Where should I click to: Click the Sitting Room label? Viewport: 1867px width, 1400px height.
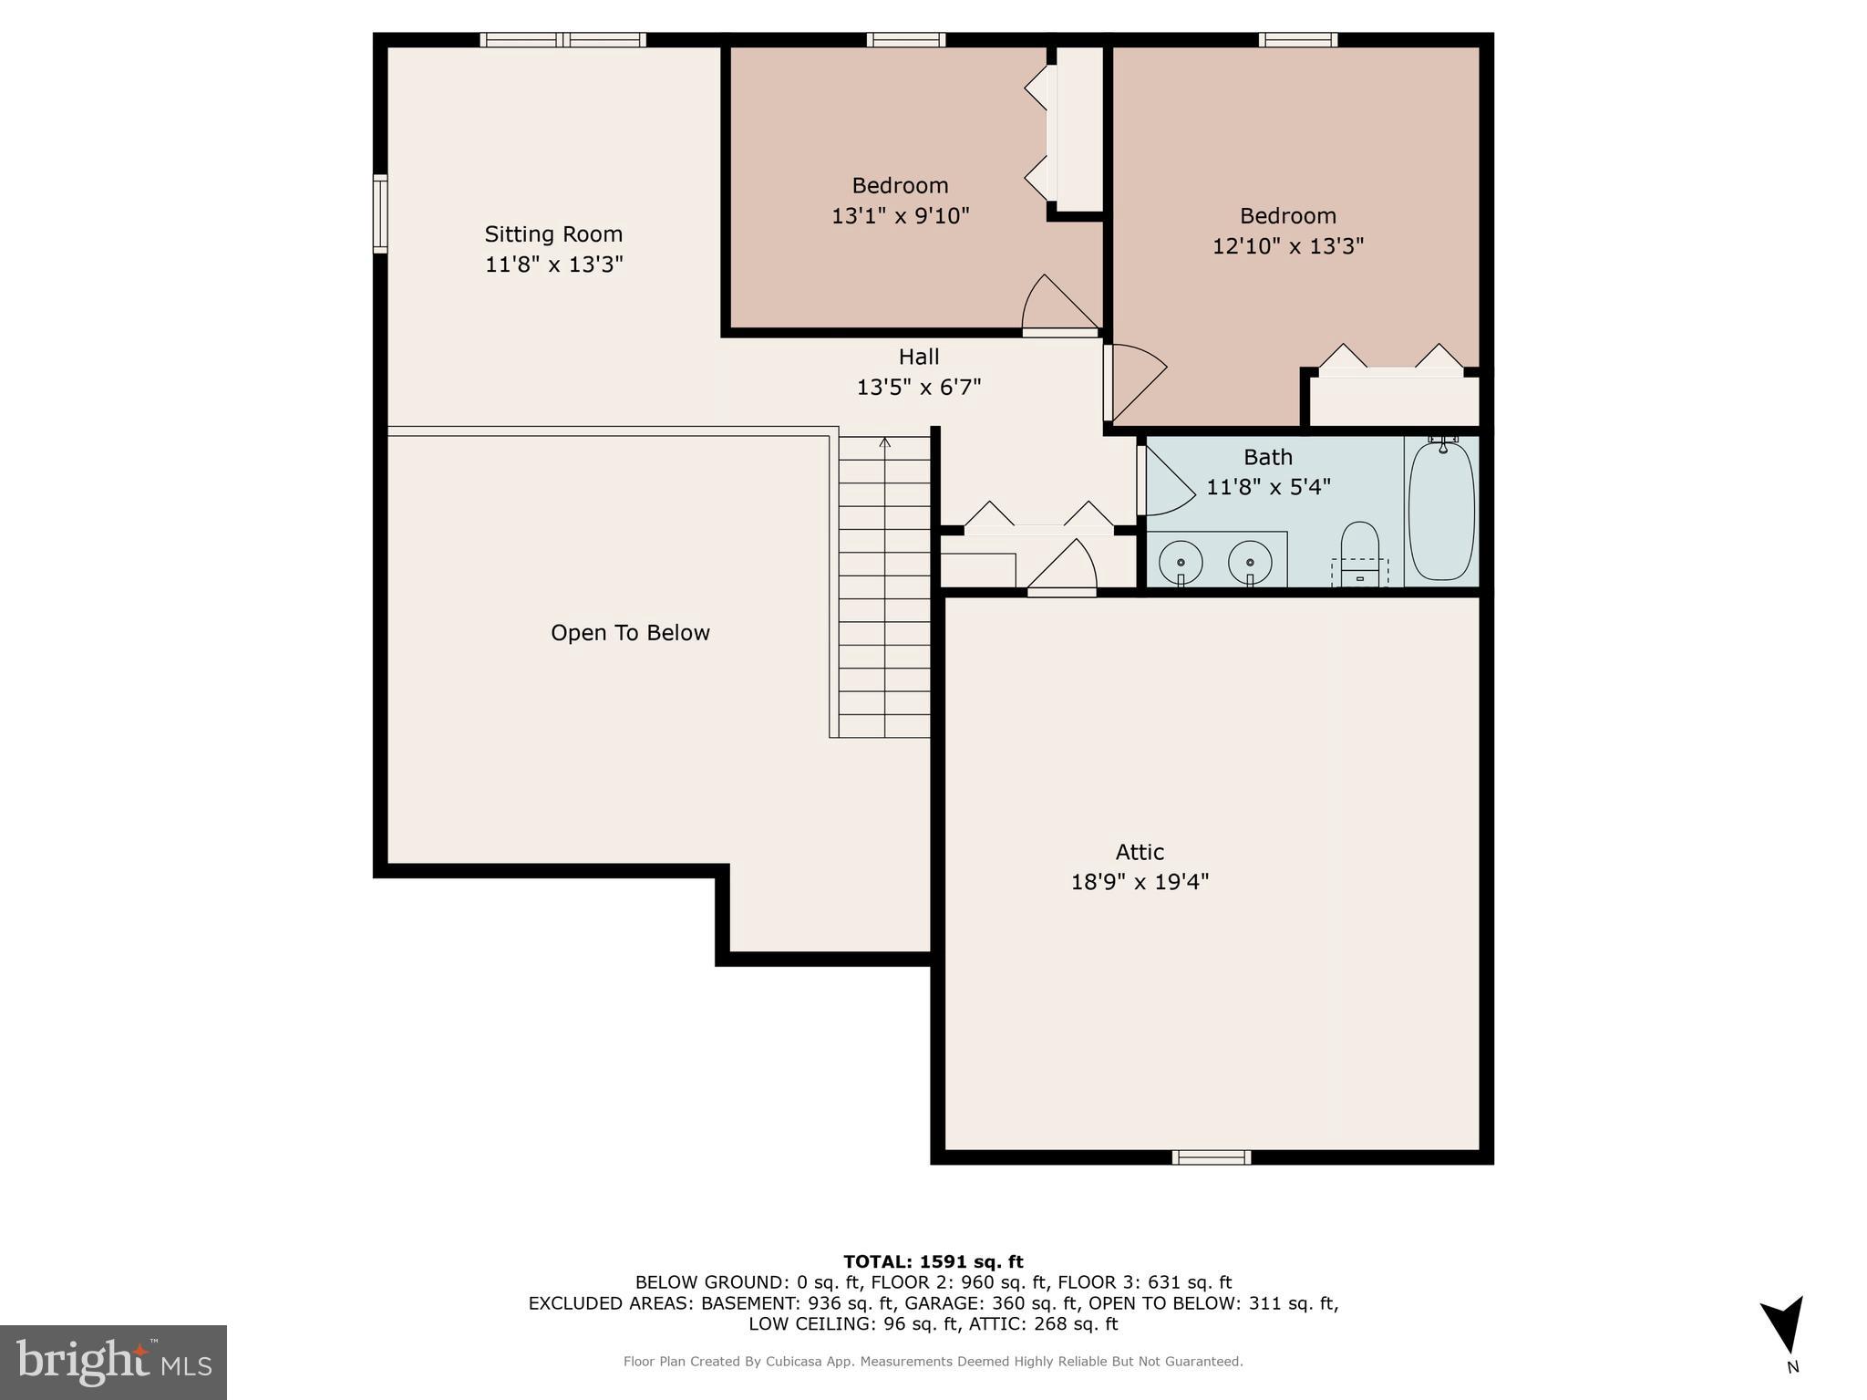pos(552,234)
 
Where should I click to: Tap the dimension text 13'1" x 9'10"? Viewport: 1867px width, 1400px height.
pos(900,216)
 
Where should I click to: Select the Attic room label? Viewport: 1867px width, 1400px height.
pos(1140,852)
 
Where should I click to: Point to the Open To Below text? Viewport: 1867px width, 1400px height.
pos(630,633)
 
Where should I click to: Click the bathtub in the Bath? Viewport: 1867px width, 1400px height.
pos(1440,512)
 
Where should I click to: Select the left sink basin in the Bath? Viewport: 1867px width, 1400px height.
pos(1181,561)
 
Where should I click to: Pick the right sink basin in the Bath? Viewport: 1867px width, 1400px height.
pos(1250,561)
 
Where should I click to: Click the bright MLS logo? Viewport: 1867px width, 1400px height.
pos(113,1362)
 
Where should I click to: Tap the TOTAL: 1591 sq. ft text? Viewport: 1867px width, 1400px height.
pos(933,1261)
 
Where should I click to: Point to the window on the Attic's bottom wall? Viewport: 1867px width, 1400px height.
pos(1211,1157)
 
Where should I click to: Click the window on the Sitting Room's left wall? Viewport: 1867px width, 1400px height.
pos(380,213)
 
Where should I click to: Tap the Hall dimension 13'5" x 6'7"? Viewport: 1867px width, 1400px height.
pos(918,388)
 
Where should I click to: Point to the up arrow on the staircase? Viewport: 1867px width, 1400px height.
pos(884,444)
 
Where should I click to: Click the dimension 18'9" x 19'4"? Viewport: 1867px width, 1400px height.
pos(1140,882)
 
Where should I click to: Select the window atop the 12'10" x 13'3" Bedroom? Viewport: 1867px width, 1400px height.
pos(1298,39)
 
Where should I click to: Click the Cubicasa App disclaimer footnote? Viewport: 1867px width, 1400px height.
pos(933,1362)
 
